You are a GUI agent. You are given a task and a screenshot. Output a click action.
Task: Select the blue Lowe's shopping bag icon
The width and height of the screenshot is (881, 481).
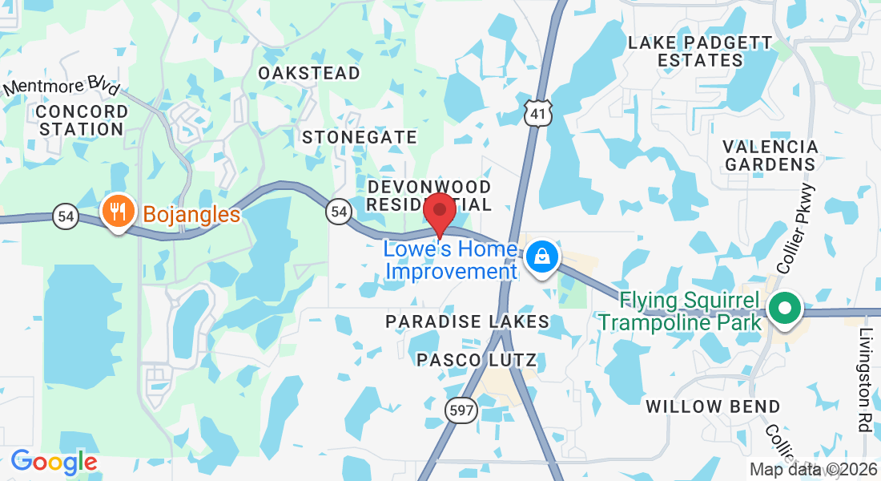[542, 257]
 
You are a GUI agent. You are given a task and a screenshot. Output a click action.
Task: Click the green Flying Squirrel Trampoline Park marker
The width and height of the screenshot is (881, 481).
[785, 308]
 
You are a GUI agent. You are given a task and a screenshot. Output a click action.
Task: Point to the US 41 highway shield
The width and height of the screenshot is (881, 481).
[537, 115]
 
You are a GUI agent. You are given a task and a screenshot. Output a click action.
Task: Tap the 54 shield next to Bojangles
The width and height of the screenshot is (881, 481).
[66, 216]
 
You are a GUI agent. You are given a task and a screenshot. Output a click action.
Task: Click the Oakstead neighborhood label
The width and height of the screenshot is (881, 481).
[309, 73]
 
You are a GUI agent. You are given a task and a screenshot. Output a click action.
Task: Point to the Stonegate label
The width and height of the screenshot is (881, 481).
[360, 137]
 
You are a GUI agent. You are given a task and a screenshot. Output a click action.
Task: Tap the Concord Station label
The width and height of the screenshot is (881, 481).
[82, 119]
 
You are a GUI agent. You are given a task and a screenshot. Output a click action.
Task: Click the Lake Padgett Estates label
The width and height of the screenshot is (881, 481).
[700, 51]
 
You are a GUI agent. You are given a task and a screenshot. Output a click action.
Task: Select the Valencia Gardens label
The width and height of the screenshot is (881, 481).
[770, 156]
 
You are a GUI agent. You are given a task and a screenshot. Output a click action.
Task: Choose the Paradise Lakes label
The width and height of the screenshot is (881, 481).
[467, 321]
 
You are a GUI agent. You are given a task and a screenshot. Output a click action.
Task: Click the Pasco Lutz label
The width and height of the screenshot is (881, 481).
[477, 360]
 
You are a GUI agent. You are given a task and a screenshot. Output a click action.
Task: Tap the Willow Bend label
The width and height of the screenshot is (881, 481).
[713, 406]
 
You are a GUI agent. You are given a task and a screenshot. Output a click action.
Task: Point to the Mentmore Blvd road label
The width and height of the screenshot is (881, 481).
[62, 87]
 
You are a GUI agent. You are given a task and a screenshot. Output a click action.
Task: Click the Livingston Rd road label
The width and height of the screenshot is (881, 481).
[864, 380]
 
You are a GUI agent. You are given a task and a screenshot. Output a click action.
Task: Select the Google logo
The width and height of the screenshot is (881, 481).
[54, 462]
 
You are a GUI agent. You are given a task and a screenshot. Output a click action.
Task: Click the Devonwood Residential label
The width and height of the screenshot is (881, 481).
[428, 195]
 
